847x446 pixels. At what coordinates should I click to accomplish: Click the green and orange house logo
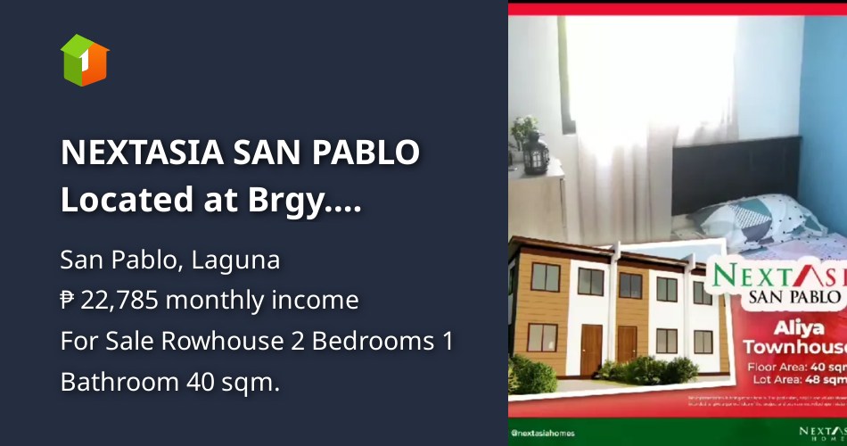(85, 60)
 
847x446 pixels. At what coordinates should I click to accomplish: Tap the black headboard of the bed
(713, 174)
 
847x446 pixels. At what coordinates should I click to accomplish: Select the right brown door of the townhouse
(628, 343)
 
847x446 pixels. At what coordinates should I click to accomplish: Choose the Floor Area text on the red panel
(788, 366)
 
